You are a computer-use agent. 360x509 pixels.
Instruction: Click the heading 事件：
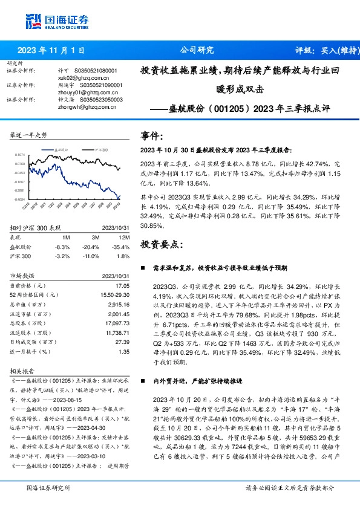152,136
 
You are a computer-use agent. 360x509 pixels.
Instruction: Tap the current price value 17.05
123,285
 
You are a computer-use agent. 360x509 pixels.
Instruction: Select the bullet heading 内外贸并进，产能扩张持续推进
203,382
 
